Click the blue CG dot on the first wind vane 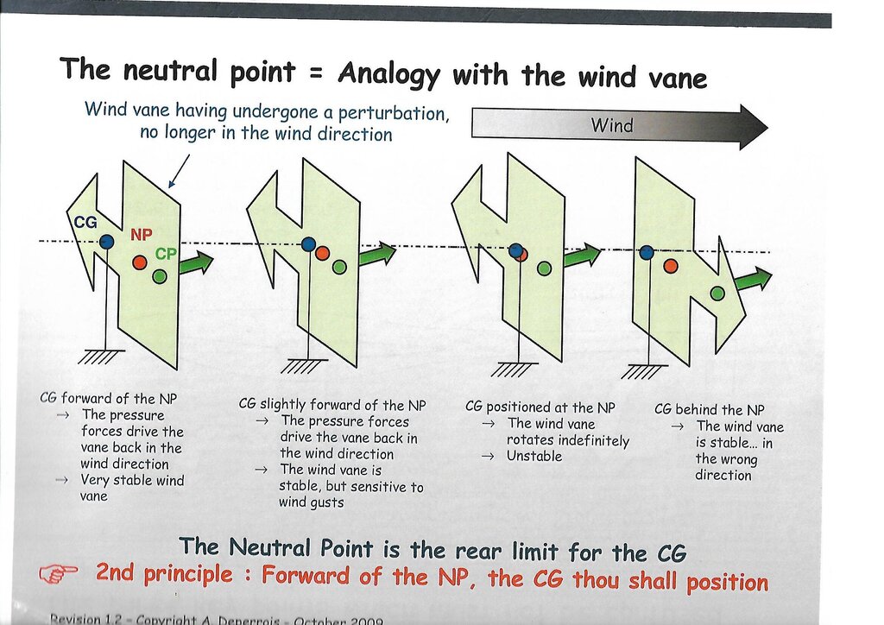[105, 243]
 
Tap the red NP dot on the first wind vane [140, 262]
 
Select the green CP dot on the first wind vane [160, 276]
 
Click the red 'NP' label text [142, 234]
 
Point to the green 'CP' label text [167, 255]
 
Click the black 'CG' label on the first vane [85, 222]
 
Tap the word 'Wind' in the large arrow [611, 126]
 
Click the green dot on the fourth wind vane [717, 294]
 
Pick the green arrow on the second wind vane [377, 254]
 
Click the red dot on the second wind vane [322, 253]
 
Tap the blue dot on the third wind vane [516, 251]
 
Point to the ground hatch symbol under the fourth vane [644, 372]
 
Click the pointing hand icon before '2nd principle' [60, 572]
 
